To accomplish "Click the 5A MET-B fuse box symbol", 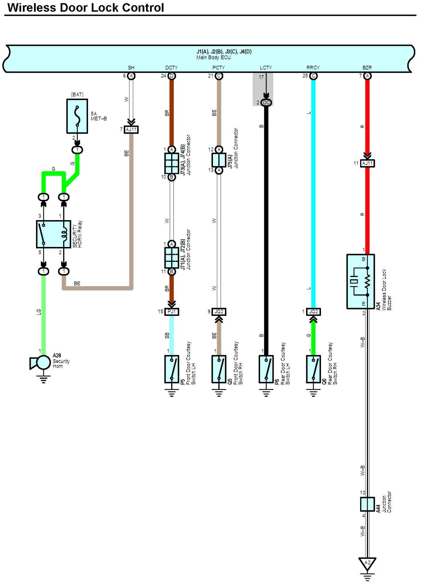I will pos(77,116).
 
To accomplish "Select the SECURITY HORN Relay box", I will pos(54,234).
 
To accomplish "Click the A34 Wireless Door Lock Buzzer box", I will pos(360,281).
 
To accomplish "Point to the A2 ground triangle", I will pos(367,563).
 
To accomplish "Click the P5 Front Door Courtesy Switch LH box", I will pos(172,369).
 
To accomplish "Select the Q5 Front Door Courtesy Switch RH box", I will pos(219,369).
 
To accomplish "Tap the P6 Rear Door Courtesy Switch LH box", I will pos(266,369).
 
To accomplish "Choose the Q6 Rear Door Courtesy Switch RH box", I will pos(313,369).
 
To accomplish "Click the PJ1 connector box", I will pos(172,312).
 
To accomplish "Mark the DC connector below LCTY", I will pos(266,103).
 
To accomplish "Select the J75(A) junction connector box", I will pos(219,160).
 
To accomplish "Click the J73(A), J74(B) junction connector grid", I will pos(172,163).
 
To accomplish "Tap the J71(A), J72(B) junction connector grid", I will pos(172,258).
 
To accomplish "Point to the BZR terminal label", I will pos(367,68).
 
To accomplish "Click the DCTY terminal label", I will pos(171,68).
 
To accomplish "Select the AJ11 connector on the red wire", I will pos(367,163).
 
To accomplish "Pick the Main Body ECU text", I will pos(214,57).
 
